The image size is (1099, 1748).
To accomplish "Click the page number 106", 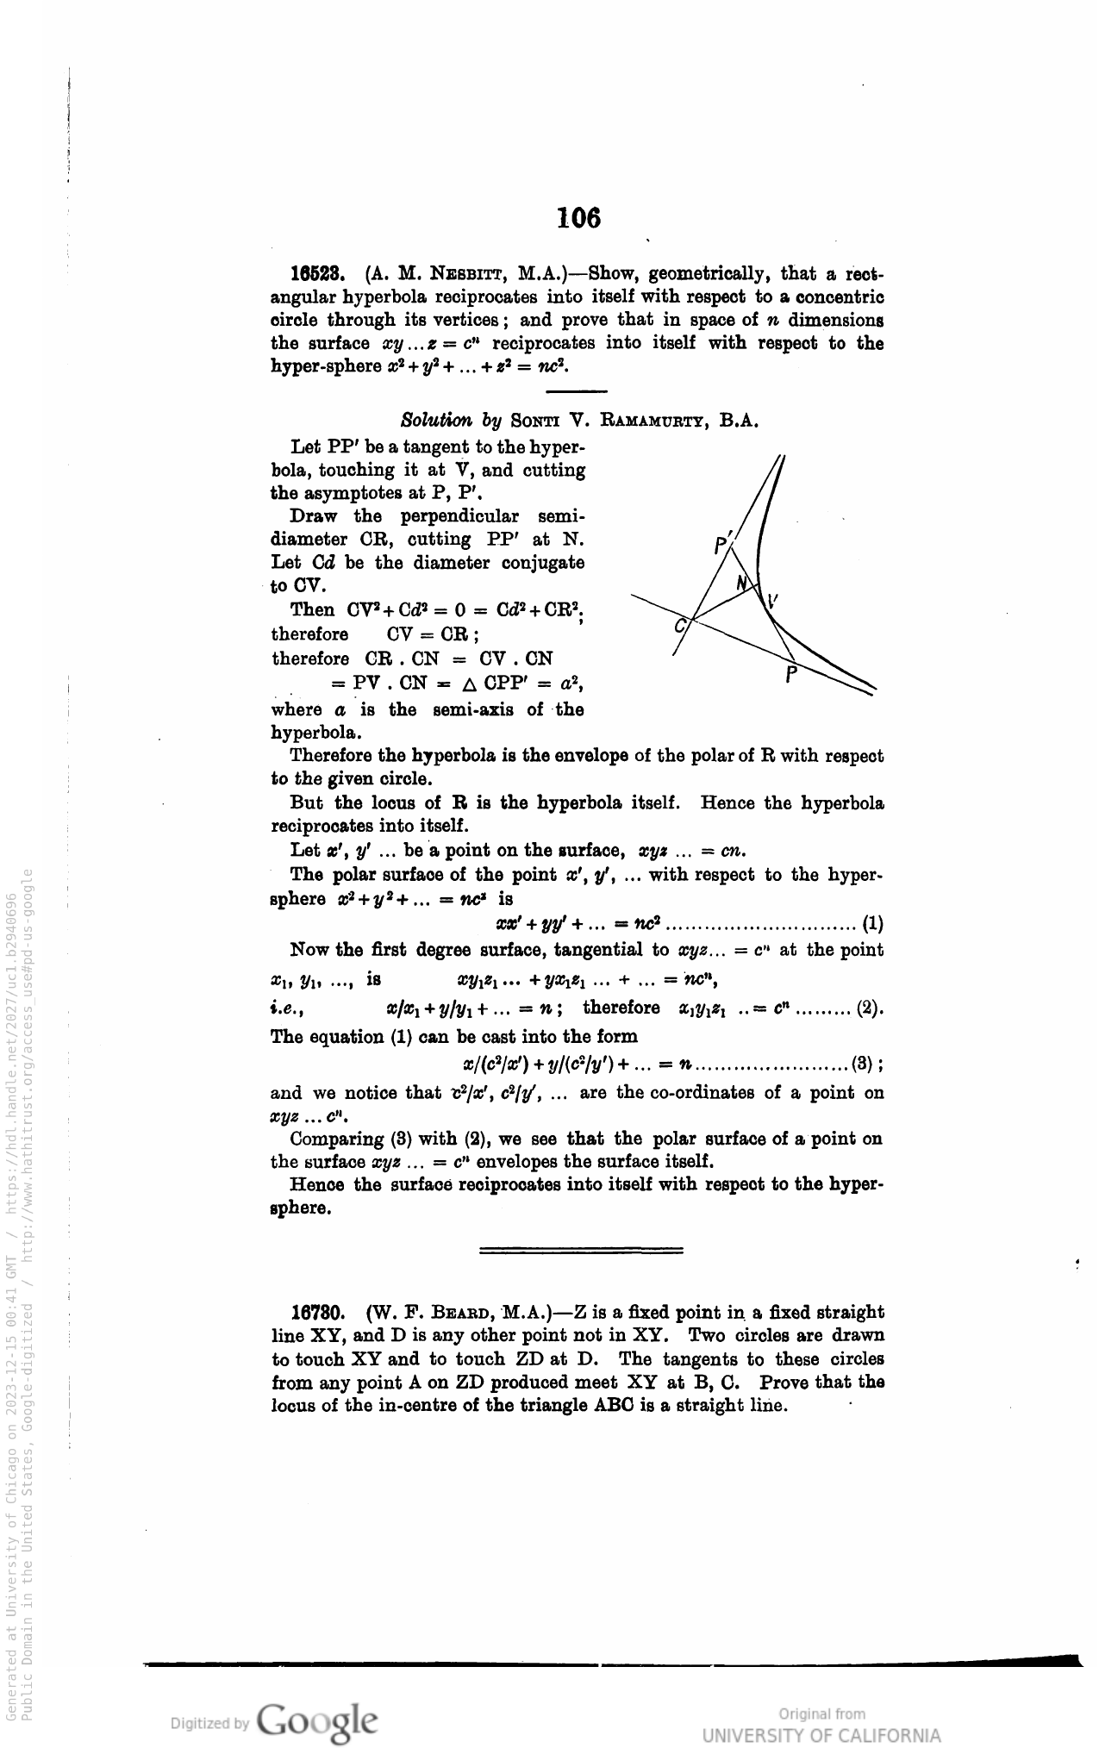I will (x=578, y=217).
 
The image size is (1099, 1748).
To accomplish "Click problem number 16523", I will (x=318, y=275).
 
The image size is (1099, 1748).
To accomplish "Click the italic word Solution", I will (x=437, y=421).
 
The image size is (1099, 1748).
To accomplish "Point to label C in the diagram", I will (x=681, y=626).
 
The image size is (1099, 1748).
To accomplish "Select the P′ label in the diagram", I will (x=722, y=545).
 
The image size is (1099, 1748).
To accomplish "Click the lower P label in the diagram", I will (x=791, y=674).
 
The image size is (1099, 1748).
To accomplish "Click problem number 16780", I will (x=318, y=1313).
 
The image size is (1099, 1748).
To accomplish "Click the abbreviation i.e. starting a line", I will (x=284, y=1008).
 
